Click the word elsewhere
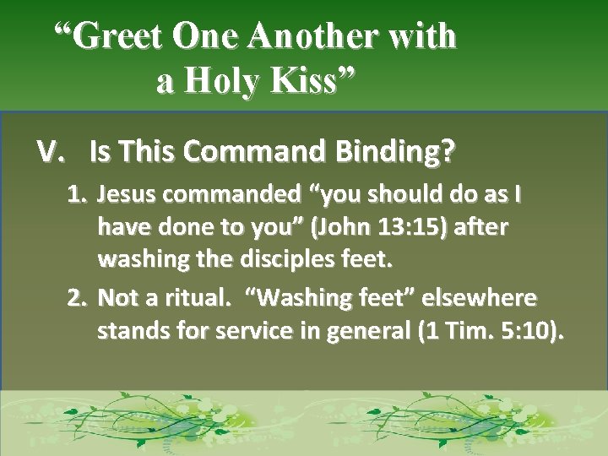tap(479, 298)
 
